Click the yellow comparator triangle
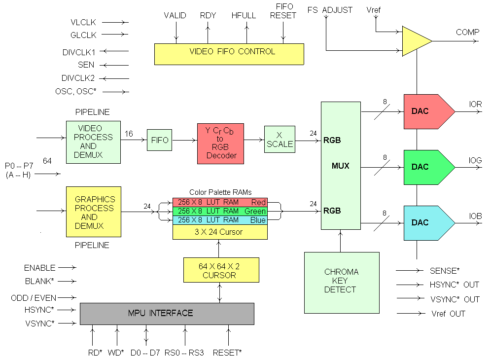pos(415,41)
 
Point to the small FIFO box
pos(160,140)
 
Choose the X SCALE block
pos(280,140)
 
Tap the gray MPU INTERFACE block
pos(167,314)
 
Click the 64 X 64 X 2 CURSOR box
pos(221,270)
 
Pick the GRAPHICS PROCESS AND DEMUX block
pos(94,212)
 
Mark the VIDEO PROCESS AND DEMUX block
pos(94,142)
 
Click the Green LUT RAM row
pos(220,211)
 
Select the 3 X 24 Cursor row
pos(220,232)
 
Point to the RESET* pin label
pos(227,353)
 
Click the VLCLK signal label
pos(83,22)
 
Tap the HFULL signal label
pos(244,15)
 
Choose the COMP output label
pos(467,33)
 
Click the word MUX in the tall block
pos(340,166)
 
